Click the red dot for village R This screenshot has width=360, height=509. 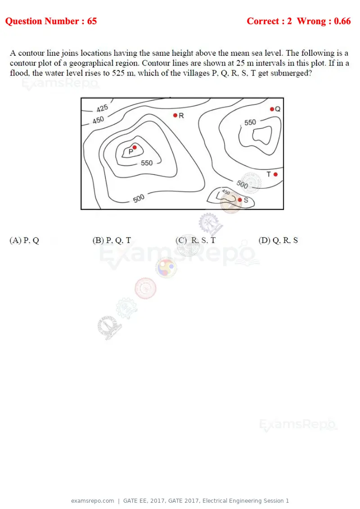pos(175,115)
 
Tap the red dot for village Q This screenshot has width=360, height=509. pos(272,109)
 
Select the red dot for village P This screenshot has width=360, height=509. pos(135,147)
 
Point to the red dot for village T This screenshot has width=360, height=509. pos(275,174)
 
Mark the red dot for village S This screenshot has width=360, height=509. pos(240,200)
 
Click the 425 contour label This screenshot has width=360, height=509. pos(102,108)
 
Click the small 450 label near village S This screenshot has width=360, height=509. pos(226,192)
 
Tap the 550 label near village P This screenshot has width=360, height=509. pos(147,163)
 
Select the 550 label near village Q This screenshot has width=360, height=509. pos(250,122)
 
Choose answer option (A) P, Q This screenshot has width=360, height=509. pos(24,240)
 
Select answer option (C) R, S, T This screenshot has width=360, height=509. pos(196,240)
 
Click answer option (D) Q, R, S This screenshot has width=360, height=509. pos(278,240)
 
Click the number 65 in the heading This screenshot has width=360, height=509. pos(92,21)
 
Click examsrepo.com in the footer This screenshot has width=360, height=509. pos(93,501)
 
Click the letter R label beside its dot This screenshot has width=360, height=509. pos(181,116)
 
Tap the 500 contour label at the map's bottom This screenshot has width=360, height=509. pos(139,198)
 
